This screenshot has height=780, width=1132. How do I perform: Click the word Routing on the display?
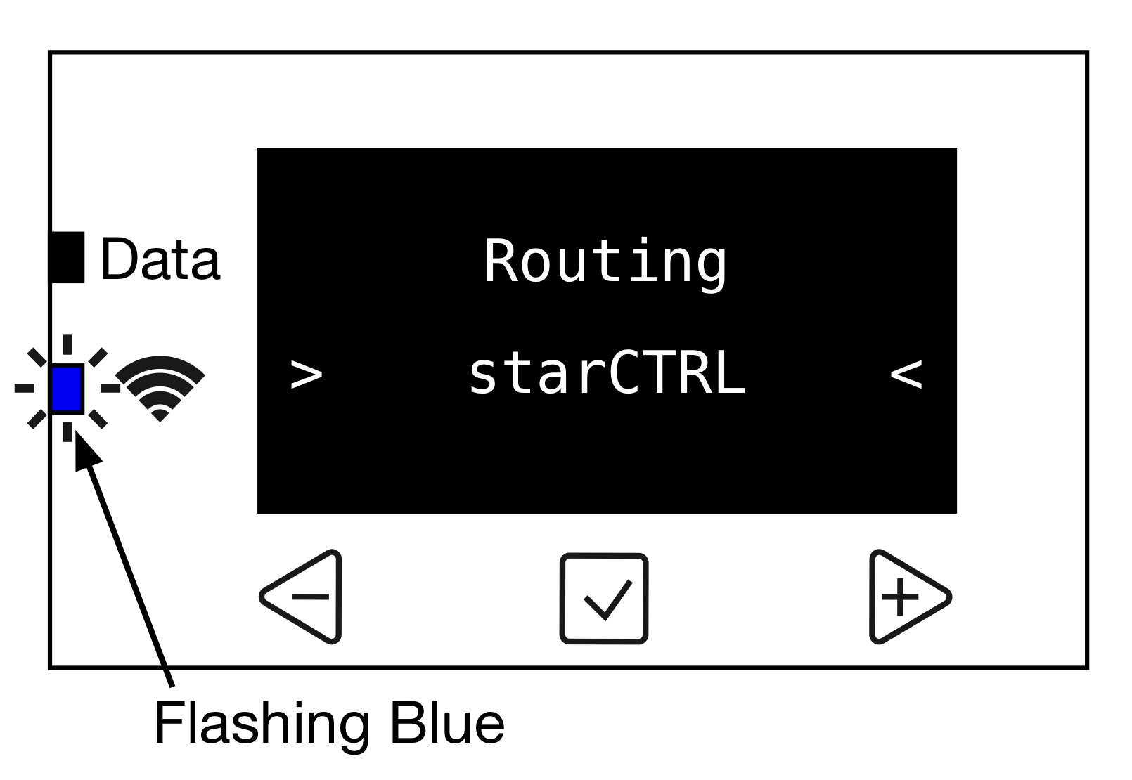605,261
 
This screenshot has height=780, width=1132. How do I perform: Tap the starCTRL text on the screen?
605,374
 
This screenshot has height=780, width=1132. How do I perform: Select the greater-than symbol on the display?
307,374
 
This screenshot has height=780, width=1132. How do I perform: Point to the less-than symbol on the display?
906,374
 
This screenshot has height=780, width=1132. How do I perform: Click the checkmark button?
604,598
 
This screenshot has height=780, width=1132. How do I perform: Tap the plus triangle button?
906,597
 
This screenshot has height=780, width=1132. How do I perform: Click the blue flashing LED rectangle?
67,388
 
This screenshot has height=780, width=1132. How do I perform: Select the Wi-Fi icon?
160,388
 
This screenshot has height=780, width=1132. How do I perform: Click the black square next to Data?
67,257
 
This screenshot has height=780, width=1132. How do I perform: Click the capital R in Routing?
501,261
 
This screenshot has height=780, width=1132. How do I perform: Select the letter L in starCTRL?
731,374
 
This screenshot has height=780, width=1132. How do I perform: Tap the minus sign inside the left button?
310,597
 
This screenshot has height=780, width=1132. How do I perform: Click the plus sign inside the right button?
900,597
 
